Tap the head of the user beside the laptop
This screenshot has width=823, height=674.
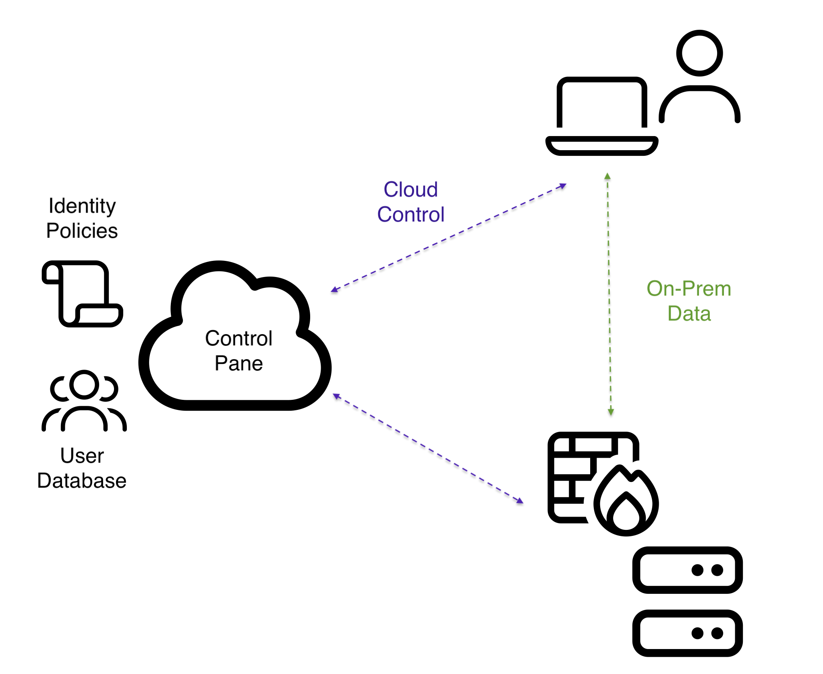point(699,53)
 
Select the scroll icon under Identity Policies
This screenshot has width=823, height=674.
point(82,294)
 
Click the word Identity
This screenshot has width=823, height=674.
point(82,206)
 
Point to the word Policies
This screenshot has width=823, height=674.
point(82,231)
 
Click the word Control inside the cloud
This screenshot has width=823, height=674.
point(239,338)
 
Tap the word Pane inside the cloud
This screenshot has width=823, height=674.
point(239,364)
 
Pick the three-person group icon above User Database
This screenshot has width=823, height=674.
point(84,401)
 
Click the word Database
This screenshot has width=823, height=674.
point(82,481)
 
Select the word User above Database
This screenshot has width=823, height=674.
point(82,456)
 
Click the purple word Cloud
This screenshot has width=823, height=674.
point(410,190)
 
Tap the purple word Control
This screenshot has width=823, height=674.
point(410,215)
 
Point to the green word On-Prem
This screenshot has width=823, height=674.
point(689,289)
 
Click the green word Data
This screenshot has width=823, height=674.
point(689,314)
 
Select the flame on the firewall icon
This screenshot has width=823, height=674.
point(626,501)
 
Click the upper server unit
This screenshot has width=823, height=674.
point(687,570)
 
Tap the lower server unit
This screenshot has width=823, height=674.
point(687,633)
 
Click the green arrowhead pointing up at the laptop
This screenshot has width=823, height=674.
point(607,176)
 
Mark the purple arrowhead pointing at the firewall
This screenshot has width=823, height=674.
point(520,501)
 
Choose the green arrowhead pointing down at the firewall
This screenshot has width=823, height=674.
point(611,412)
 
